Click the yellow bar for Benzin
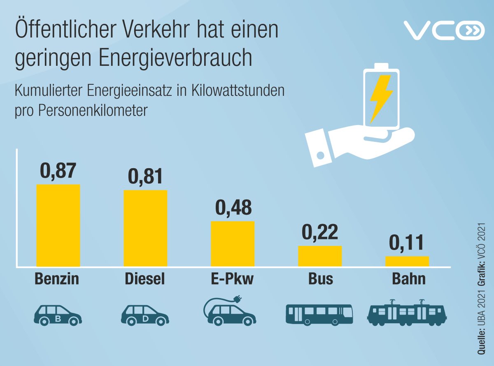point(58,225)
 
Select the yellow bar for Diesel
point(145,228)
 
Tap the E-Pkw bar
point(233,244)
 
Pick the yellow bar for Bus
point(320,256)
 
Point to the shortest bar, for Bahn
point(407,262)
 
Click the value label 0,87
point(58,171)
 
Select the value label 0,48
point(233,208)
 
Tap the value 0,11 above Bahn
point(407,243)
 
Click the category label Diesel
point(145,279)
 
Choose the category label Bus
point(320,279)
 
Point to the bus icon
point(319,315)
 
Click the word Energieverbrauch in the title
point(174,58)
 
